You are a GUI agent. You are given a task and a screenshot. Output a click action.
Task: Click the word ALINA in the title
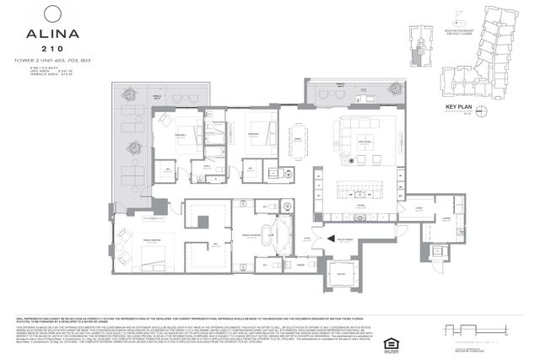coord(52,37)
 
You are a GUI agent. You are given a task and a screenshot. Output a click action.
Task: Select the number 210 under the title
coord(52,50)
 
